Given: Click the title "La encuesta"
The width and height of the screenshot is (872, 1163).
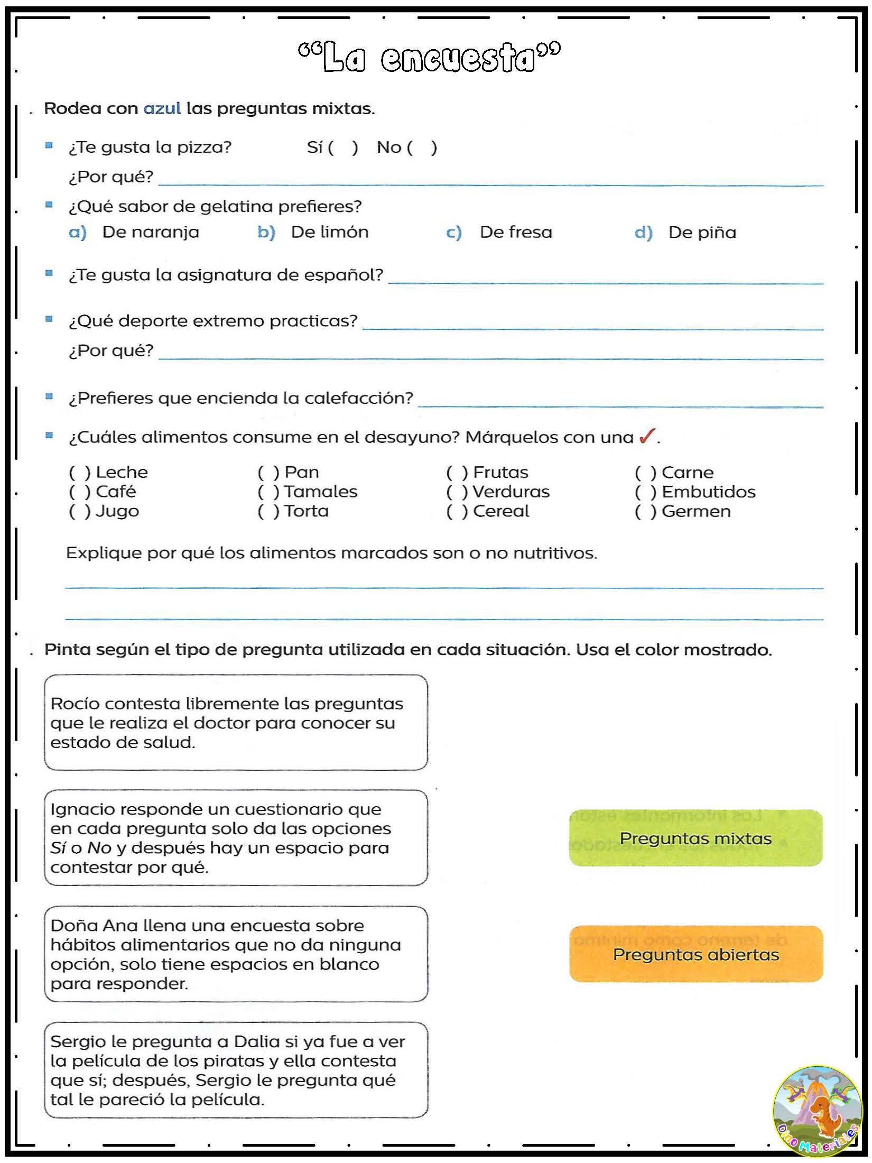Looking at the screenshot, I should coord(429,57).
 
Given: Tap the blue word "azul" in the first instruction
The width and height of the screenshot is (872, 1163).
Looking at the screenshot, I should coord(162,108).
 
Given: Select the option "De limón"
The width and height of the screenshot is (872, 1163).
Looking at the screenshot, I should coord(329,232).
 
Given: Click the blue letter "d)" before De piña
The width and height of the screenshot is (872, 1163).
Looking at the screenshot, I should coord(643,232).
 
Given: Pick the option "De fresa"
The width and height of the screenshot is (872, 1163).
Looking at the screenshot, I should coord(516,232).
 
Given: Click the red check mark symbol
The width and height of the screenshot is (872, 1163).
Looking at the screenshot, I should coord(647,436).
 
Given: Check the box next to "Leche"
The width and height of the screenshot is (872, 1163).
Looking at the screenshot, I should coord(80,472).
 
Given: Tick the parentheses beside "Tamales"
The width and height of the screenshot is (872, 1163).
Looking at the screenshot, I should coord(268,492).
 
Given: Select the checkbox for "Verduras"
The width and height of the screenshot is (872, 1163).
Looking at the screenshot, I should coord(457,492).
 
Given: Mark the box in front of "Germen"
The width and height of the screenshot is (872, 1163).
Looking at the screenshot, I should coord(645,511).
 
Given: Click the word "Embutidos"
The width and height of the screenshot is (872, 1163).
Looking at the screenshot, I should coord(708,492).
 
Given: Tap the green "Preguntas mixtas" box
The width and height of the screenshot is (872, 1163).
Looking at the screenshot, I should coord(695,838).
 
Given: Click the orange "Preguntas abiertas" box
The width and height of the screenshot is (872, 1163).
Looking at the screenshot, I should coord(695,954).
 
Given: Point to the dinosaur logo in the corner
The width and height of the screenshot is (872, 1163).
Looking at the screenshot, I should coord(817,1110).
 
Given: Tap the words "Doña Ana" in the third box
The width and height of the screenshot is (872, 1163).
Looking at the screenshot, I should coord(94,925).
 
